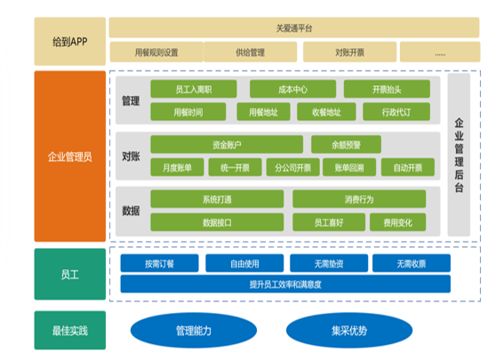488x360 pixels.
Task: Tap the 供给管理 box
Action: click(252, 52)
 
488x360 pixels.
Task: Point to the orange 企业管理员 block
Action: click(70, 157)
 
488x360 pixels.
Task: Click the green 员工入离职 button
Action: click(193, 89)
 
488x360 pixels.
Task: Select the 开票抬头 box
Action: click(388, 89)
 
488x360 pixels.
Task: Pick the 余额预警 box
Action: click(347, 144)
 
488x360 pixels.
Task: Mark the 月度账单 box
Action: click(176, 167)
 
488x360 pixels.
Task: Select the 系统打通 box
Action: click(217, 199)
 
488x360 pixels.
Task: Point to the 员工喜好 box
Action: click(339, 222)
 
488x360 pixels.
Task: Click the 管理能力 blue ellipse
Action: click(193, 332)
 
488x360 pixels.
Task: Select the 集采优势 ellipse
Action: click(348, 332)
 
